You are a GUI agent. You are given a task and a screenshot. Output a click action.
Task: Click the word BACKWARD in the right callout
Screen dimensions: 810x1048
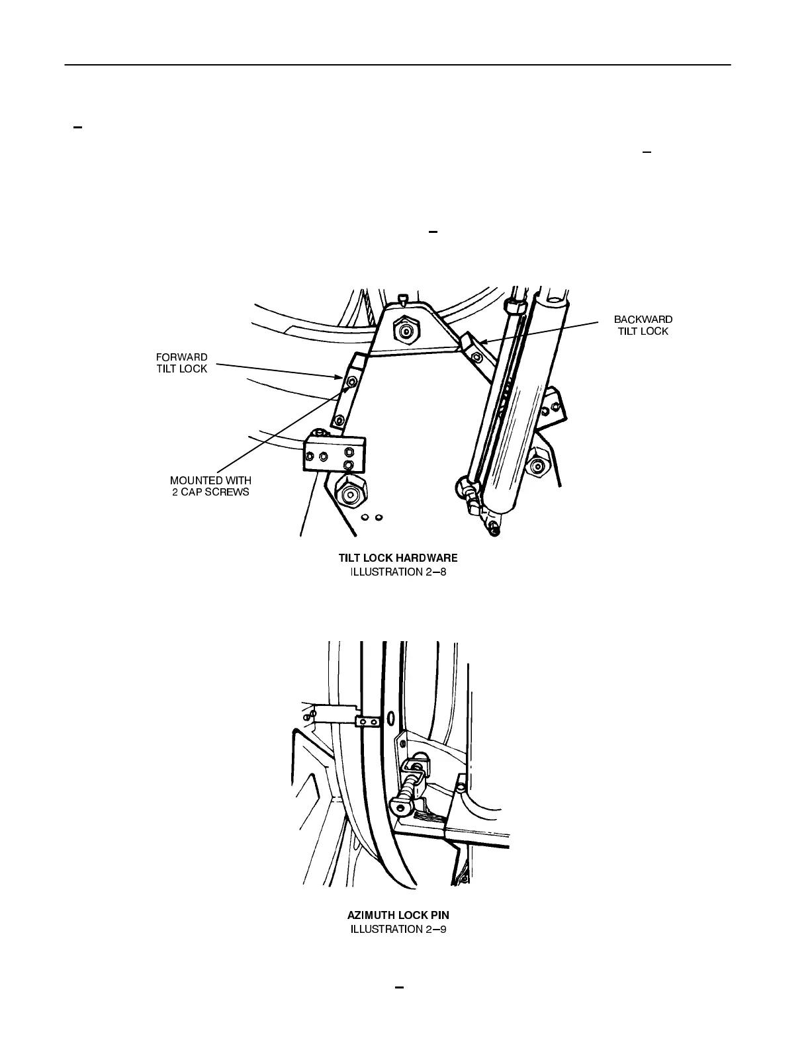[x=643, y=320]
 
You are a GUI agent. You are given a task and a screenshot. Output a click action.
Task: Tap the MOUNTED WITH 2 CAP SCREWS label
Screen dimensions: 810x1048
[x=210, y=486]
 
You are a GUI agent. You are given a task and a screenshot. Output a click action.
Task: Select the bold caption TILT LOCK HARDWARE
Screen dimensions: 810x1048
[x=398, y=558]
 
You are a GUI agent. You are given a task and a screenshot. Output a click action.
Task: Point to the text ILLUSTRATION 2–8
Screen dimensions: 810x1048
[x=398, y=572]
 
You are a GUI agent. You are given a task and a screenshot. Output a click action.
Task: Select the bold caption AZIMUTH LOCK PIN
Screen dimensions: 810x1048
[x=398, y=916]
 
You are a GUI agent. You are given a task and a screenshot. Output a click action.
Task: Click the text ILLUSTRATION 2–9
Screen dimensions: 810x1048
[x=398, y=929]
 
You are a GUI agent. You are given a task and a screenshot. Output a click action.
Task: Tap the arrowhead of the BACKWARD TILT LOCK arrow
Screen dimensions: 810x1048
[x=481, y=342]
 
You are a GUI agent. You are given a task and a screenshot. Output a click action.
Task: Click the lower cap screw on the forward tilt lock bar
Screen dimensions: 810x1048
[x=339, y=419]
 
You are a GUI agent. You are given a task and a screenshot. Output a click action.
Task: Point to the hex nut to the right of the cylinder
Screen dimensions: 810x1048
[x=537, y=468]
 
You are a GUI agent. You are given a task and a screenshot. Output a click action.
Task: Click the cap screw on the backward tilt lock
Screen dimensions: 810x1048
[x=476, y=357]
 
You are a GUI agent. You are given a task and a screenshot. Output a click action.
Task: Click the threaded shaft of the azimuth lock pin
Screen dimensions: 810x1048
[x=409, y=785]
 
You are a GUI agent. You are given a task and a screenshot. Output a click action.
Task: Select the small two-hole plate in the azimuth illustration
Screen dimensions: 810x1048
[x=367, y=720]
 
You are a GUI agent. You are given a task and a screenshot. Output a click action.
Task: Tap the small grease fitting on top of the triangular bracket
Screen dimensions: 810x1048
[x=402, y=299]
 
